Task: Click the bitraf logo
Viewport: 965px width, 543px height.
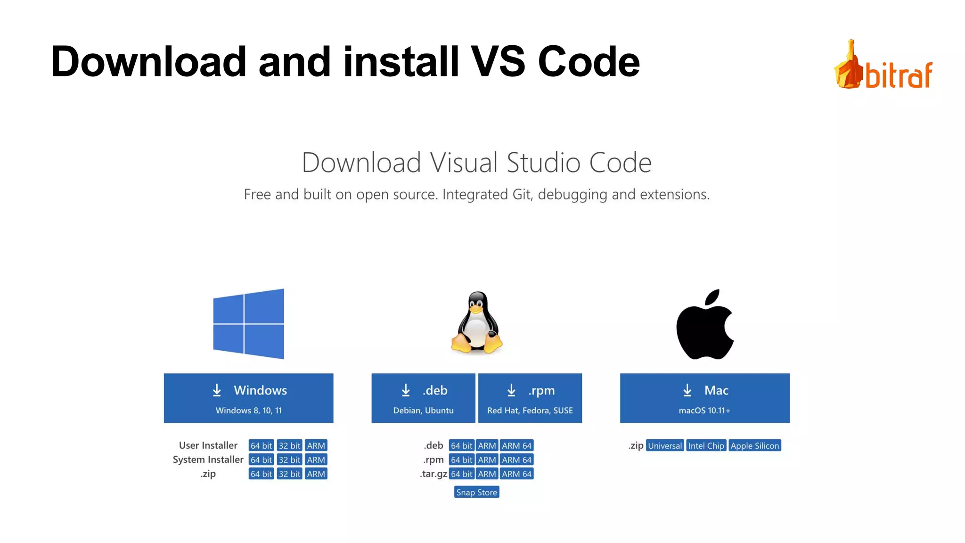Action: [883, 66]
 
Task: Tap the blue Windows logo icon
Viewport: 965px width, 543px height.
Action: [248, 324]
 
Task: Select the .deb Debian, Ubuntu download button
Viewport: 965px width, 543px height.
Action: [423, 398]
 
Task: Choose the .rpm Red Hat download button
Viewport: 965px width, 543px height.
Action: [530, 398]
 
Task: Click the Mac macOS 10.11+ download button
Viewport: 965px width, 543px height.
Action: [704, 398]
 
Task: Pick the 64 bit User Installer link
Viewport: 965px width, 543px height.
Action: [261, 445]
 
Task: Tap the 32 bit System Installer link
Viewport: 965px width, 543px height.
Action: [289, 460]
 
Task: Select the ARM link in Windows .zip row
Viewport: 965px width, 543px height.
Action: [316, 474]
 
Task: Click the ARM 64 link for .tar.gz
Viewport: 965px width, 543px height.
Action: [516, 474]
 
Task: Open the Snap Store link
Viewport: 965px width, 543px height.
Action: [476, 492]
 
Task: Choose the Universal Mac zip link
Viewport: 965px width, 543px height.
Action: [664, 445]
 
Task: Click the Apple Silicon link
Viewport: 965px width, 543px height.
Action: [754, 445]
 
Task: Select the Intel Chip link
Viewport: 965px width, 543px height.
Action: [706, 445]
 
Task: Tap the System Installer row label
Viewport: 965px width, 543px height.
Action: [208, 460]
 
